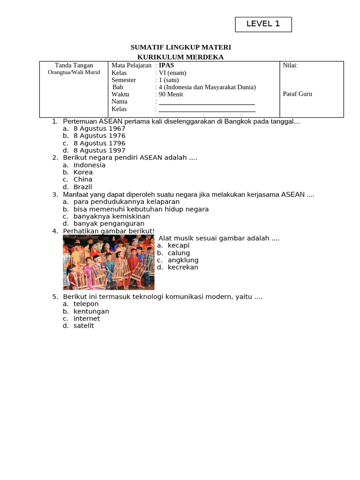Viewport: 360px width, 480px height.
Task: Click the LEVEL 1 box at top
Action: click(x=263, y=24)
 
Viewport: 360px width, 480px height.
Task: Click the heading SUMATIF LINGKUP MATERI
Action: click(x=180, y=47)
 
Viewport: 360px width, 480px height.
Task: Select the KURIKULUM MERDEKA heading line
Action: click(x=180, y=57)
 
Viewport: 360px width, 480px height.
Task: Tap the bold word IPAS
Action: click(x=166, y=66)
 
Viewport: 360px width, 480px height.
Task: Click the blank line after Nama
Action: click(x=207, y=102)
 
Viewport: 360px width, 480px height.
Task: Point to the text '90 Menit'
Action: click(x=171, y=94)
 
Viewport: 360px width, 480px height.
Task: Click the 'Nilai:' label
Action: click(x=290, y=66)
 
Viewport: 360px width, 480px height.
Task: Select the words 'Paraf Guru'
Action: click(x=297, y=94)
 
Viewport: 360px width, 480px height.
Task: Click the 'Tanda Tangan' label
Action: click(x=74, y=66)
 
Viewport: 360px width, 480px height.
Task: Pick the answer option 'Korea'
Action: click(x=83, y=172)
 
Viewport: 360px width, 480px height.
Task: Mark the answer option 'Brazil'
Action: click(x=82, y=187)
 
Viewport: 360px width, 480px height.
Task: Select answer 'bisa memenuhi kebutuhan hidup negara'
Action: click(x=141, y=209)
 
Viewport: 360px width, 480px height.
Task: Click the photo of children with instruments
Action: click(x=108, y=262)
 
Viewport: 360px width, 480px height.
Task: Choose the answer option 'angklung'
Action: click(x=183, y=260)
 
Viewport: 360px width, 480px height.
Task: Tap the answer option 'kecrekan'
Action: click(x=183, y=267)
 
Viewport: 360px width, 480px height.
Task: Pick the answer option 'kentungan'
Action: click(x=91, y=311)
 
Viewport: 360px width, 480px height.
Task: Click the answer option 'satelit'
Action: click(x=83, y=326)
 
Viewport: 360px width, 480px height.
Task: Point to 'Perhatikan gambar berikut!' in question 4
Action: click(x=109, y=231)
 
